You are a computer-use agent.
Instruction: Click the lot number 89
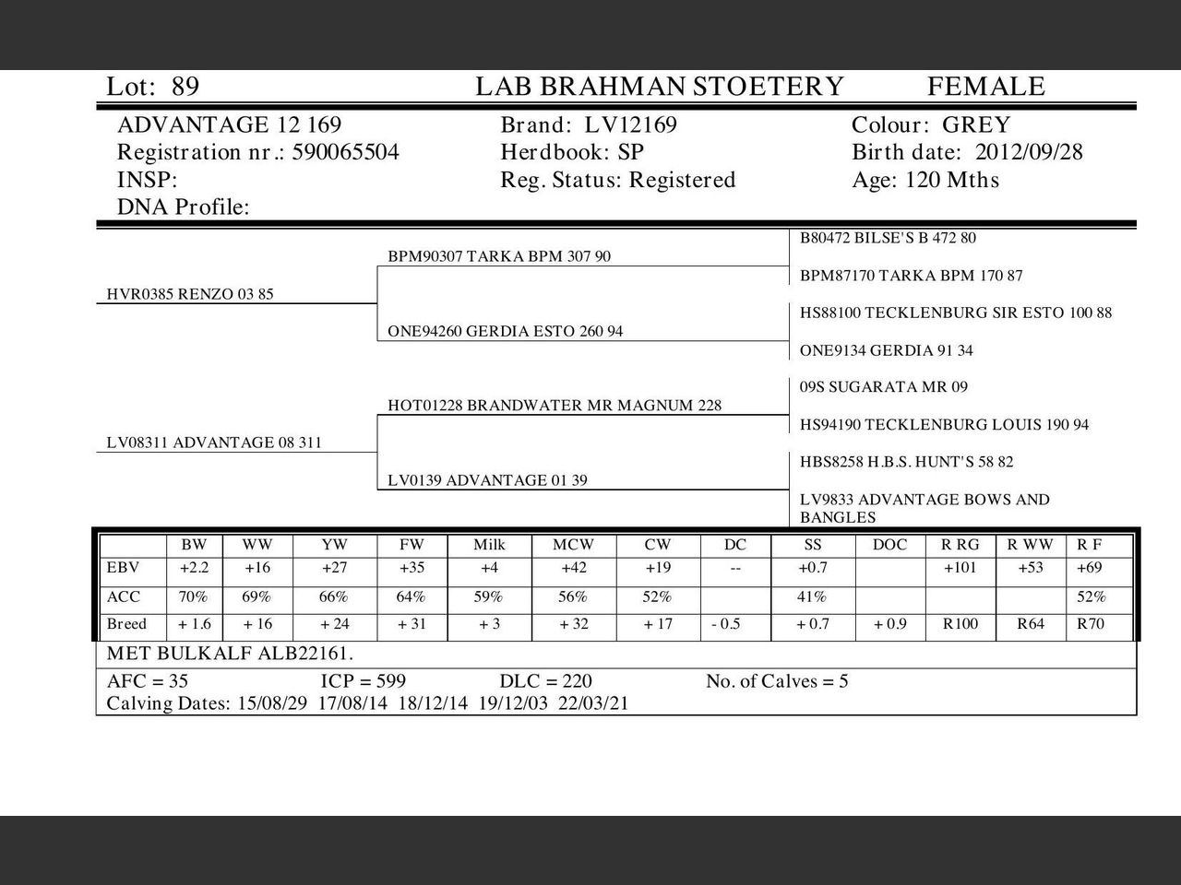pyautogui.click(x=185, y=87)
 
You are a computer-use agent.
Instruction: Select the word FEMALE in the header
pyautogui.click(x=985, y=87)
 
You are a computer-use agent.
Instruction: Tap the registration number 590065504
pyautogui.click(x=346, y=152)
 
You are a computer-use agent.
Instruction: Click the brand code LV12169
pyautogui.click(x=631, y=125)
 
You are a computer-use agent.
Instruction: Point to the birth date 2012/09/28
pyautogui.click(x=1029, y=152)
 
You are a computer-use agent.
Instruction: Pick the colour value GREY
pyautogui.click(x=976, y=125)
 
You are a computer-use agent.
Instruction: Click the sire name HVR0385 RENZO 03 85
pyautogui.click(x=190, y=294)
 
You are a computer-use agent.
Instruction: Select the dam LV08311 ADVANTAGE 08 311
pyautogui.click(x=214, y=442)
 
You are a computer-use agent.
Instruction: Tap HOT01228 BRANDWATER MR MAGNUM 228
pyautogui.click(x=555, y=406)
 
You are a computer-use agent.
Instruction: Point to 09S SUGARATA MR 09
pyautogui.click(x=883, y=387)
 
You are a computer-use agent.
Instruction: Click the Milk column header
pyautogui.click(x=489, y=545)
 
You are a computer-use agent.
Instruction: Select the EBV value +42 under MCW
pyautogui.click(x=573, y=568)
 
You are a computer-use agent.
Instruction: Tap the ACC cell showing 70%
pyautogui.click(x=193, y=596)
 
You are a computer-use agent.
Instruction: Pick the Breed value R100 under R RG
pyautogui.click(x=960, y=624)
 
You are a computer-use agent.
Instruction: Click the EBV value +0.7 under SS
pyautogui.click(x=812, y=568)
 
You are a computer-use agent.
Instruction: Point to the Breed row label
pyautogui.click(x=126, y=624)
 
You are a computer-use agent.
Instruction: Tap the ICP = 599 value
pyautogui.click(x=363, y=681)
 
